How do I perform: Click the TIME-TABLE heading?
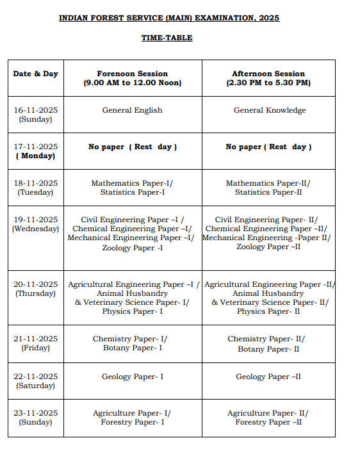167,38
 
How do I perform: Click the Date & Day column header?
36,74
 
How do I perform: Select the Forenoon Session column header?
133,78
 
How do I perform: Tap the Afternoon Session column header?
268,78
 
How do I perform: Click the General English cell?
133,110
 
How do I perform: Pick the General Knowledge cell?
269,110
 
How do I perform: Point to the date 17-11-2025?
36,147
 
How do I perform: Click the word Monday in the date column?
36,156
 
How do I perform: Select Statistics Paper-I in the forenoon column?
133,192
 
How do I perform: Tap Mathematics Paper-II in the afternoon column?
268,183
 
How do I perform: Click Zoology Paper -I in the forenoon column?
133,248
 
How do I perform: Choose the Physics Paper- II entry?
268,311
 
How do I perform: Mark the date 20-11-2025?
36,284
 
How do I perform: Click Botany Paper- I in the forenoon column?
133,348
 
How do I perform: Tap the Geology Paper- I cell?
133,377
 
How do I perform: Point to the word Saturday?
36,386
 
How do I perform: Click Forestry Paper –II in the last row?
268,422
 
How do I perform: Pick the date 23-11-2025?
36,413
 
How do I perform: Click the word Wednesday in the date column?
36,229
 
